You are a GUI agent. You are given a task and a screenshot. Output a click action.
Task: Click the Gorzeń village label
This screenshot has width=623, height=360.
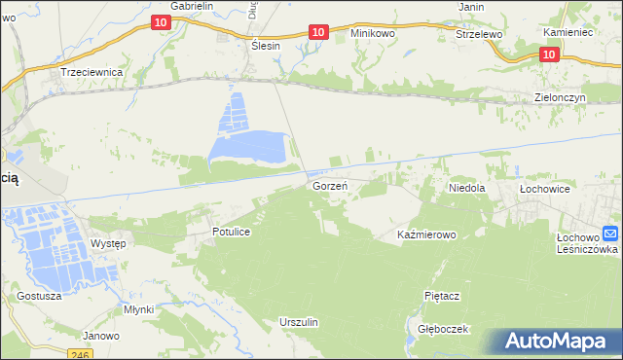click(x=330, y=185)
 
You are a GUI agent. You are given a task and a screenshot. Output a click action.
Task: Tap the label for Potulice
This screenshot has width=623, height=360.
click(x=233, y=233)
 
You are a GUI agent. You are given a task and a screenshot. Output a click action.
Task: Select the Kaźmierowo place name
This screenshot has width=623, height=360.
click(x=427, y=235)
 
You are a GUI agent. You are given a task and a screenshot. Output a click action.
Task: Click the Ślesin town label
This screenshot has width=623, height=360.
click(x=265, y=46)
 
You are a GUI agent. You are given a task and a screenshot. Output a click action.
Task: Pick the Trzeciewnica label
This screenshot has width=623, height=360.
click(x=90, y=72)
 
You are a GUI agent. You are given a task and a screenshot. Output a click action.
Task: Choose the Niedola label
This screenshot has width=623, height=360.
click(x=466, y=186)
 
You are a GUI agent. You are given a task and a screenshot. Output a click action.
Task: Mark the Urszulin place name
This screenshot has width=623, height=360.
click(x=299, y=321)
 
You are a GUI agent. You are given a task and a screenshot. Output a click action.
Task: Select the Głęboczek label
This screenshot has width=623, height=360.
click(x=443, y=329)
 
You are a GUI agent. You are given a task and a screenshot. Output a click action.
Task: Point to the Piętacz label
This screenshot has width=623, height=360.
click(x=442, y=295)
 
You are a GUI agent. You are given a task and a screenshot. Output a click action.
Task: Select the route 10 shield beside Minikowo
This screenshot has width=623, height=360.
click(x=317, y=32)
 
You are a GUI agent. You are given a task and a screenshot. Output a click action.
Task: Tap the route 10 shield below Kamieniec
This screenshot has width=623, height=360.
click(x=548, y=55)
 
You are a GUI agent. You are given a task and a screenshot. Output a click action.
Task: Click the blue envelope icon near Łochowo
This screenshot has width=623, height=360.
click(x=610, y=234)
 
